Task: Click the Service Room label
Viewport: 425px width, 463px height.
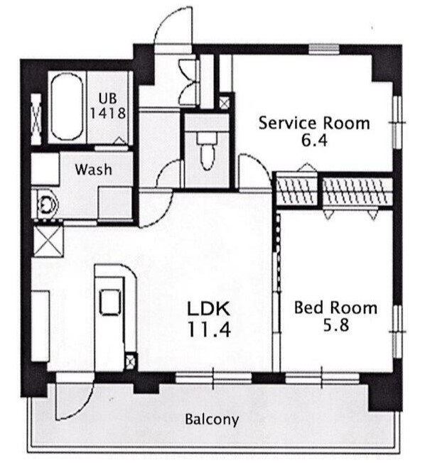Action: (x=314, y=123)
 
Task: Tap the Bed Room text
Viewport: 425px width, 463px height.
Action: (x=335, y=308)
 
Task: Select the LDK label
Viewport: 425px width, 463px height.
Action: (x=209, y=309)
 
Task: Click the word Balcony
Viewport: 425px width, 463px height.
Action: (x=212, y=420)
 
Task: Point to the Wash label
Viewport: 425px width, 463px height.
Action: (x=93, y=170)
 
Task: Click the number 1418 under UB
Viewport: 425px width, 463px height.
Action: (x=107, y=113)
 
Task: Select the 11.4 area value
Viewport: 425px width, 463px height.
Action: (x=209, y=329)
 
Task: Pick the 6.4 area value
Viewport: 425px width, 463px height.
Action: (x=314, y=141)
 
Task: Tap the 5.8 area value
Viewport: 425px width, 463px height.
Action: (x=336, y=326)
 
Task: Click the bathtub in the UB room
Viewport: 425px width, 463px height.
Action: (x=67, y=107)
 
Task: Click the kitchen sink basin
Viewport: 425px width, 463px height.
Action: (x=110, y=302)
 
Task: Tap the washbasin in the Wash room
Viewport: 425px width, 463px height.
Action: (x=46, y=204)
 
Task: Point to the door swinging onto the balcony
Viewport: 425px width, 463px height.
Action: (x=75, y=399)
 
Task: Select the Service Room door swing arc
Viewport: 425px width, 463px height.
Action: (x=254, y=169)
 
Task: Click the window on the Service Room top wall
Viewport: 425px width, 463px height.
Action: (x=323, y=49)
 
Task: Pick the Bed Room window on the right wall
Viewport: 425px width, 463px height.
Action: (x=397, y=332)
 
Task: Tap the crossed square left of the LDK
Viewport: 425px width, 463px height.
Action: (x=48, y=241)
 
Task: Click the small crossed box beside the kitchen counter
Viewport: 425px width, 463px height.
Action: (x=130, y=361)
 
